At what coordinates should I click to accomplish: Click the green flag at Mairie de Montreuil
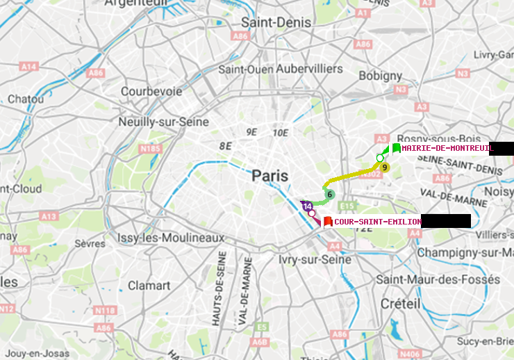[x=396, y=148]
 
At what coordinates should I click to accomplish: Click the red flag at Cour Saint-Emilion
[x=327, y=222]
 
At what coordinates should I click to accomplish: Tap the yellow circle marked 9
[x=385, y=167]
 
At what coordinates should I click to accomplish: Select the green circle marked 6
[x=330, y=195]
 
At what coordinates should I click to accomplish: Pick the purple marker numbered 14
[x=307, y=206]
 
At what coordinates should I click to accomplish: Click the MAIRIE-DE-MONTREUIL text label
[x=447, y=148]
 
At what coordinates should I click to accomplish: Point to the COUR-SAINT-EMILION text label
[x=377, y=222]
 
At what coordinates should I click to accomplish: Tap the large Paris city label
[x=270, y=176]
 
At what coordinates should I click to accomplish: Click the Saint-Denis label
[x=276, y=22]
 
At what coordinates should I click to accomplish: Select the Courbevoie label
[x=151, y=91]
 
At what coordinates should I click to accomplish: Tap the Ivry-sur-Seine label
[x=314, y=259]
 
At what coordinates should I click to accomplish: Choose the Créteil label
[x=401, y=304]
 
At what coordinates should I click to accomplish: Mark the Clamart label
[x=148, y=285]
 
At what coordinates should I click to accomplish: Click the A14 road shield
[x=28, y=66]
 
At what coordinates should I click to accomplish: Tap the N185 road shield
[x=149, y=148]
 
